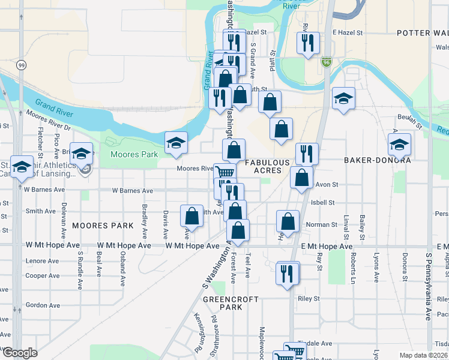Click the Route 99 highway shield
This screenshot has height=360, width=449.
21,65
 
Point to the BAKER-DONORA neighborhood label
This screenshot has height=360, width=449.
377,161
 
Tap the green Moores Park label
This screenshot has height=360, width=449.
134,155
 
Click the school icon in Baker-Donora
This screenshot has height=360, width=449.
399,145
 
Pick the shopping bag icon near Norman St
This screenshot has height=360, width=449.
288,221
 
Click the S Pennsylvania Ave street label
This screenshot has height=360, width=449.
429,287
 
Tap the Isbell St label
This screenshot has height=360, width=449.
323,203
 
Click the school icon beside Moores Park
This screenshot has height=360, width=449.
176,143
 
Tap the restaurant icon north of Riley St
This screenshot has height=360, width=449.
287,273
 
